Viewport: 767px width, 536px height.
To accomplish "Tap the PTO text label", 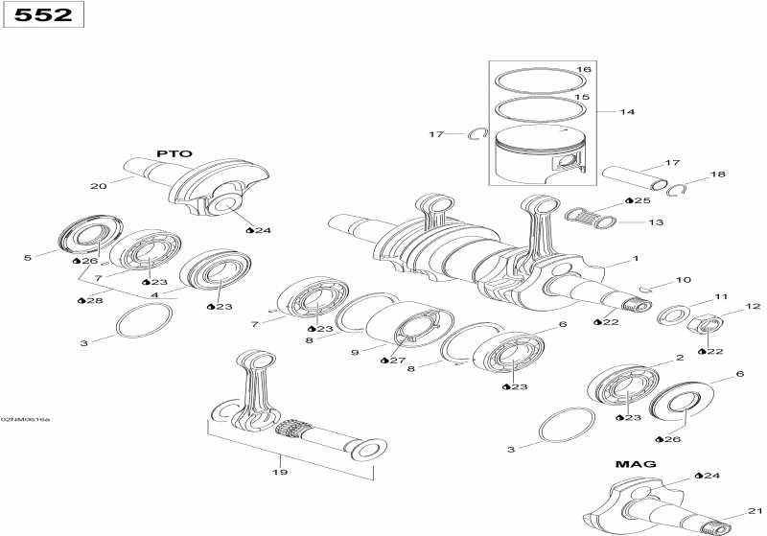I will pyautogui.click(x=174, y=153).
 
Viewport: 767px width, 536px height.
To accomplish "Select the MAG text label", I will pyautogui.click(x=635, y=464).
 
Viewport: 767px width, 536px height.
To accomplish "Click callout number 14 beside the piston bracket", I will pyautogui.click(x=626, y=112).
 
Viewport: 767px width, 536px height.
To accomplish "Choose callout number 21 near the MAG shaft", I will pyautogui.click(x=754, y=510).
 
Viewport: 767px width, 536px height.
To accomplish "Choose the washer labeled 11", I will pyautogui.click(x=674, y=314).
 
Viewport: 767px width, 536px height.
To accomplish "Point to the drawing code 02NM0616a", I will pyautogui.click(x=26, y=419).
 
